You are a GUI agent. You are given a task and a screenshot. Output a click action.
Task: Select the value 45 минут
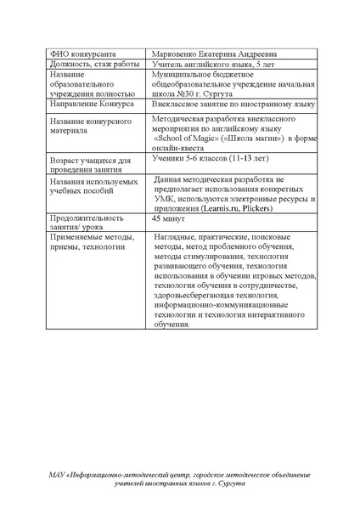pos(168,218)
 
